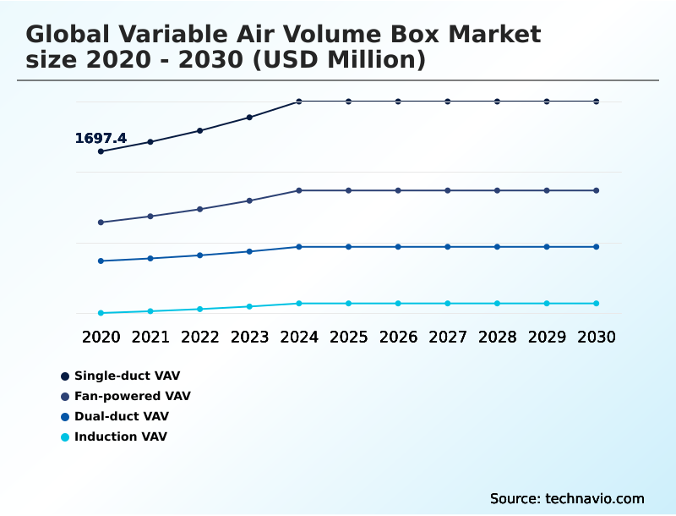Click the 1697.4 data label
101,139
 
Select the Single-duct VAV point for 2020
101,151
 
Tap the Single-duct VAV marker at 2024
299,102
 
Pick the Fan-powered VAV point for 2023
249,200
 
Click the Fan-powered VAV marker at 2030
597,190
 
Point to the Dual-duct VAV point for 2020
101,261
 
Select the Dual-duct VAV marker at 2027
448,247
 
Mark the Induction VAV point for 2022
200,309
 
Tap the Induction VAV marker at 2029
547,303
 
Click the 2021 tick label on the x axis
150,337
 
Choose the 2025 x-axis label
348,337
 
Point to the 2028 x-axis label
497,337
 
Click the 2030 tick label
597,337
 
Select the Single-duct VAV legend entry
127,376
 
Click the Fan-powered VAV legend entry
132,396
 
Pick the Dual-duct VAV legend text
122,416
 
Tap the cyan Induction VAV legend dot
65,437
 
